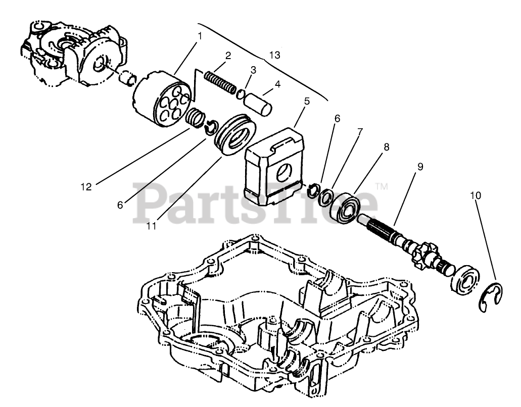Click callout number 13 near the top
click(274, 54)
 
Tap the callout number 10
click(475, 195)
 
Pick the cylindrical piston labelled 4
click(259, 103)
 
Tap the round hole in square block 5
click(284, 172)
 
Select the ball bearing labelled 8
click(347, 204)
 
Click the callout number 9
click(420, 166)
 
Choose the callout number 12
click(86, 187)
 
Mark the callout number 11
click(152, 227)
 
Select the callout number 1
click(200, 36)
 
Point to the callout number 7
click(360, 132)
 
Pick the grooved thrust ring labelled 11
click(234, 134)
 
